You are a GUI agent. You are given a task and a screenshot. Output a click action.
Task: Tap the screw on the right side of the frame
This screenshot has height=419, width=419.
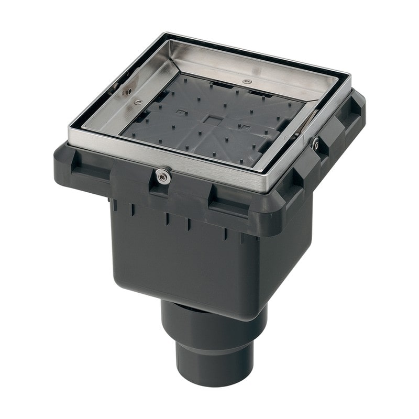tap(315, 144)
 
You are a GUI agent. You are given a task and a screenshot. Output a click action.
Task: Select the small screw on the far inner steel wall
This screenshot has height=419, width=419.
tap(247, 82)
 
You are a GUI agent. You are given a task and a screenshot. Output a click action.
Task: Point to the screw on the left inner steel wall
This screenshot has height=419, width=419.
tap(137, 102)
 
